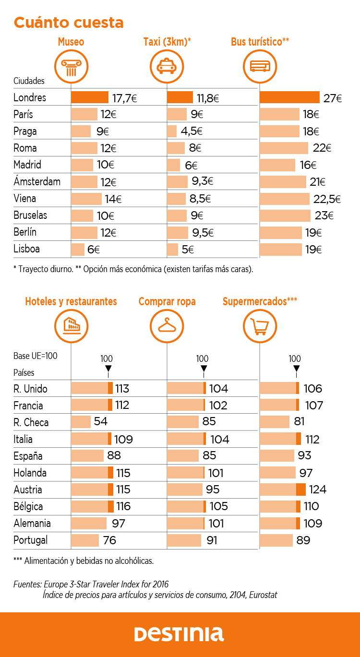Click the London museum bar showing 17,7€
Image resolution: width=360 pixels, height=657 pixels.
(90, 97)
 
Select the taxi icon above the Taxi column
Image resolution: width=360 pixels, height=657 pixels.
(167, 66)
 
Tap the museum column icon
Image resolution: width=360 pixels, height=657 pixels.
(71, 66)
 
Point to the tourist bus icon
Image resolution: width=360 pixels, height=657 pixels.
(260, 66)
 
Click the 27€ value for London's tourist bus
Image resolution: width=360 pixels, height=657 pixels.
(332, 98)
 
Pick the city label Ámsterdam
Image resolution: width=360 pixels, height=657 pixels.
(37, 182)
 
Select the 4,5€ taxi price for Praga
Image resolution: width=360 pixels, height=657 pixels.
(192, 131)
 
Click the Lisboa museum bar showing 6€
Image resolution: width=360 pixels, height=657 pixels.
(78, 249)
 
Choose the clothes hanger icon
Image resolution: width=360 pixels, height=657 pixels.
(167, 325)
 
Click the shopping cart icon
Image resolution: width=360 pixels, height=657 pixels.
(260, 325)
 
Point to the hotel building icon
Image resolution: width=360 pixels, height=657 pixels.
(71, 325)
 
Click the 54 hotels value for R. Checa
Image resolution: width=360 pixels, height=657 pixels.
(100, 422)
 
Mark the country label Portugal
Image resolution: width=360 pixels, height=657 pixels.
(31, 540)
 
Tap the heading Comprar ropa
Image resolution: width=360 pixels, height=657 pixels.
(167, 301)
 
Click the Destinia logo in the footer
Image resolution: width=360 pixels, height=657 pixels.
(179, 634)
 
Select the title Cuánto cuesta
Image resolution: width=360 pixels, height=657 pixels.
(69, 23)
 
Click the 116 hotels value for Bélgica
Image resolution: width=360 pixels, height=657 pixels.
(123, 506)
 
